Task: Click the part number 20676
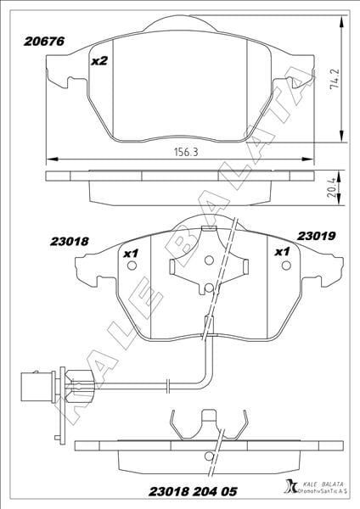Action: point(44,42)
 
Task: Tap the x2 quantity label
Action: point(99,61)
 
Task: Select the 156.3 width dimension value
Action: point(186,152)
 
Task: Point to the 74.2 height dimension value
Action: point(334,79)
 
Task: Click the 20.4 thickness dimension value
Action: point(331,189)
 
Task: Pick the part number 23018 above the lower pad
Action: point(70,242)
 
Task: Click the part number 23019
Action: point(316,236)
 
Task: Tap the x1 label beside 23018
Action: point(131,254)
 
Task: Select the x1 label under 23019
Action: point(282,252)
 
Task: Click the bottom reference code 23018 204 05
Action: point(193,492)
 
